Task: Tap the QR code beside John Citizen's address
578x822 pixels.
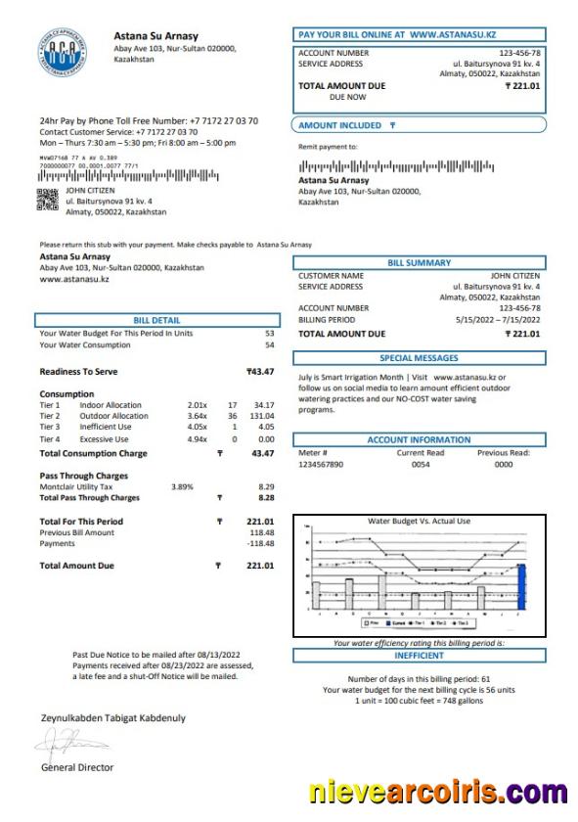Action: click(x=47, y=200)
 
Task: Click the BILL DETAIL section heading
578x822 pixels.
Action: click(x=156, y=320)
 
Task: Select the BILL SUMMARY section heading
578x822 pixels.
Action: click(x=419, y=262)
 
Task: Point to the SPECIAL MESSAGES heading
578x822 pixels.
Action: click(x=419, y=358)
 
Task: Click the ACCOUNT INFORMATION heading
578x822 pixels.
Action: click(x=419, y=440)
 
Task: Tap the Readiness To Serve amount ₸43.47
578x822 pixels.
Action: click(x=259, y=372)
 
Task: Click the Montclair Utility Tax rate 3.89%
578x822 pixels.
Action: click(x=182, y=486)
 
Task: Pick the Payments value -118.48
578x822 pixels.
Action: click(x=259, y=543)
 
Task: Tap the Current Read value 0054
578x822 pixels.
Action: click(x=421, y=465)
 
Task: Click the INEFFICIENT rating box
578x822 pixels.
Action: click(x=419, y=655)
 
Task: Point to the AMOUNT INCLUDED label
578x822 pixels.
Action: click(x=340, y=125)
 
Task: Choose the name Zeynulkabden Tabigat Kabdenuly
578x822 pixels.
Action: click(x=112, y=717)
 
